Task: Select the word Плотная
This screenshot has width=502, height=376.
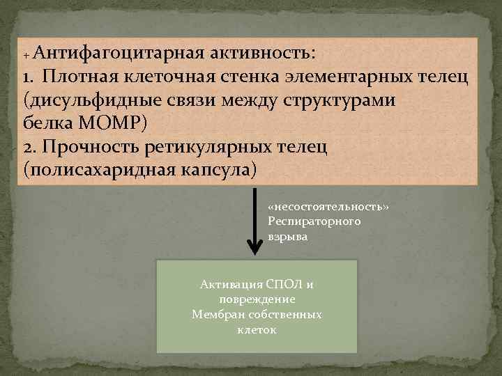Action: coord(81,77)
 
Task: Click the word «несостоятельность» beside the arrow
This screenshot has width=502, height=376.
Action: coord(328,207)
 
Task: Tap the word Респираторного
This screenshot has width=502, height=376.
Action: coord(314,221)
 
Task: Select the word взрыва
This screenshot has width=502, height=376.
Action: coord(287,236)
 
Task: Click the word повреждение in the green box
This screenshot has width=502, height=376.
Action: coord(257,299)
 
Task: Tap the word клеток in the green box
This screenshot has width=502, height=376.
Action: coord(257,329)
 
